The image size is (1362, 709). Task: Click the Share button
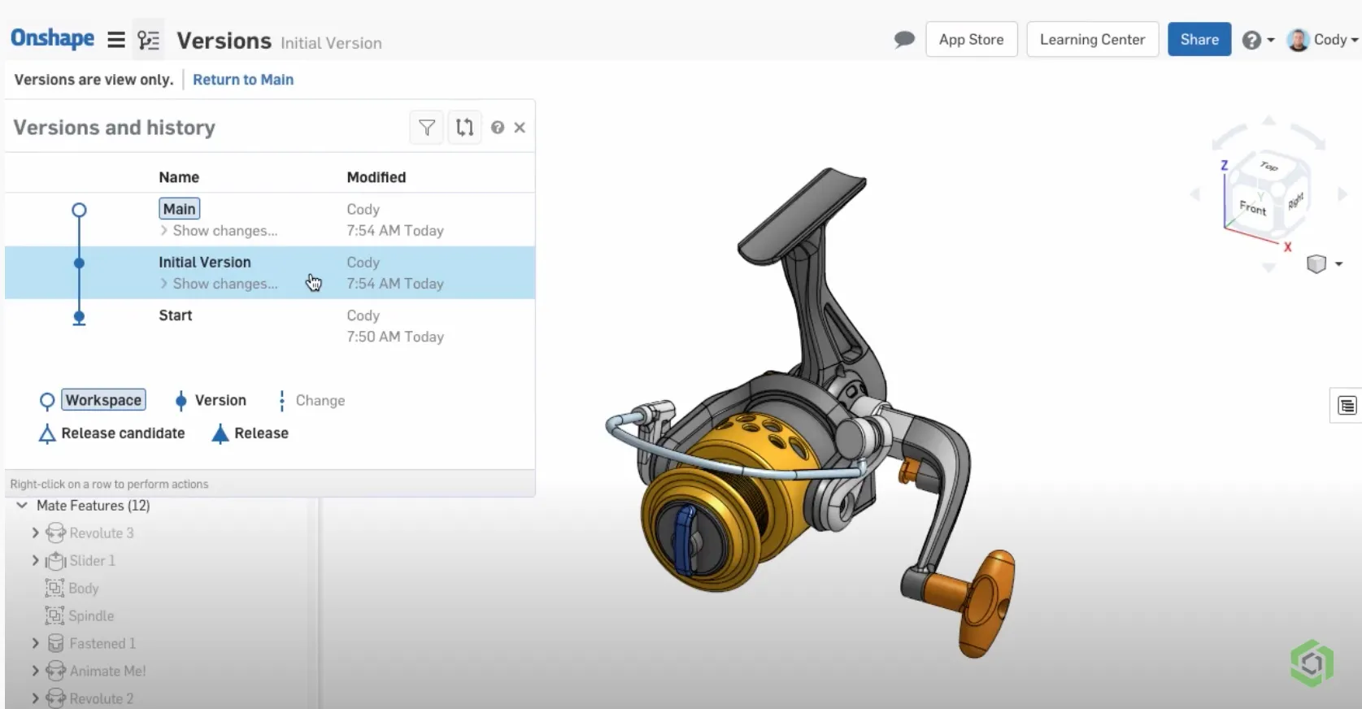coord(1199,39)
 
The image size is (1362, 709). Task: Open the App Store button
coord(971,39)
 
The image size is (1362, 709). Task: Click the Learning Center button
coord(1091,39)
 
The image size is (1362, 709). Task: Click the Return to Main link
coord(243,80)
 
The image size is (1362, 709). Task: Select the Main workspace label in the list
coord(179,209)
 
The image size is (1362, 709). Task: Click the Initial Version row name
coord(204,262)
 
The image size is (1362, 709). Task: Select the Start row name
coord(175,315)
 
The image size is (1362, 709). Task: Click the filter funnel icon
coord(427,128)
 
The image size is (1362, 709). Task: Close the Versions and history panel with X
coord(520,128)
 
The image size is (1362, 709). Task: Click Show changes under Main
coord(224,231)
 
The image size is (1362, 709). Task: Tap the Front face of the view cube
coord(1252,207)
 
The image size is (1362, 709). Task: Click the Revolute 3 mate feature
coord(101,533)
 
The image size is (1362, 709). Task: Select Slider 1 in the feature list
coord(92,561)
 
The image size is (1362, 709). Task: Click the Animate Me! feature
coord(107,671)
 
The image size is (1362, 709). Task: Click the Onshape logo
coord(52,38)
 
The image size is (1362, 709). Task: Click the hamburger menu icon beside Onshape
coord(116,40)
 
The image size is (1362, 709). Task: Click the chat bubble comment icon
coord(903,39)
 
